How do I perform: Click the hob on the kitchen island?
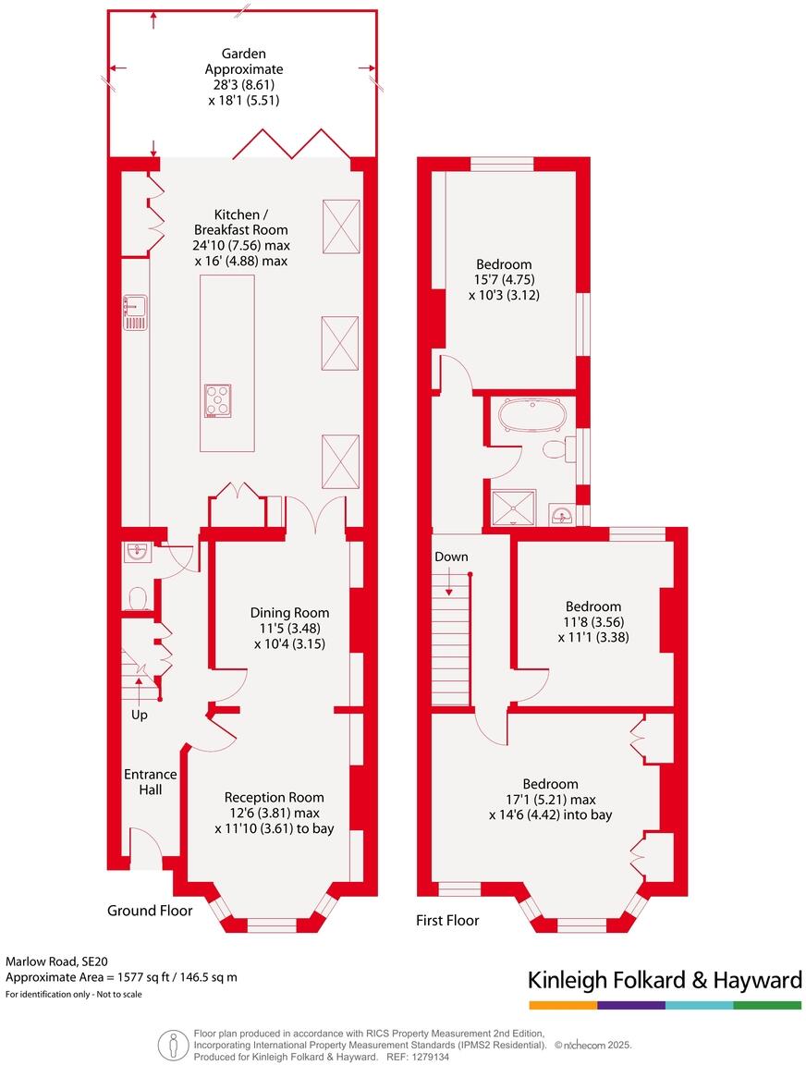pos(218,400)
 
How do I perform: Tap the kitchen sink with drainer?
pos(134,312)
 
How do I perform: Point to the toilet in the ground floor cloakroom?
pos(138,599)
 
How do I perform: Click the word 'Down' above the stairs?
pos(451,557)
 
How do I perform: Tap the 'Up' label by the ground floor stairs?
pos(139,715)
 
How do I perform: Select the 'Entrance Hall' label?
pos(150,782)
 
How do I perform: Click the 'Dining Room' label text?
pos(289,612)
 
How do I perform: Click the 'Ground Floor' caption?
pos(150,911)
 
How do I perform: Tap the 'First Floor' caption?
pos(447,920)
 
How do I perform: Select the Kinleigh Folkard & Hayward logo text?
pos(664,980)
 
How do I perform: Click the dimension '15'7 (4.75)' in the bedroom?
pos(504,280)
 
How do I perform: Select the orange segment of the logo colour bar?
pos(562,1005)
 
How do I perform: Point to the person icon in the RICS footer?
pos(173,1045)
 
